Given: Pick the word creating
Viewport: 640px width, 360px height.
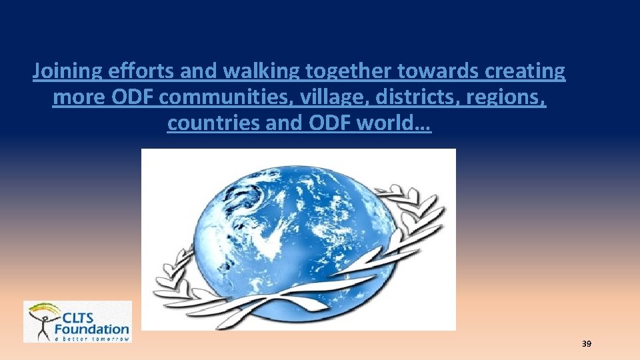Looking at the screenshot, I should (527, 71).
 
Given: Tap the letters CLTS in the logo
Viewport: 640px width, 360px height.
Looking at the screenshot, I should (86, 316).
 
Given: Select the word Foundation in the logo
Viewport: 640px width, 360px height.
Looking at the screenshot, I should (92, 328).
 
